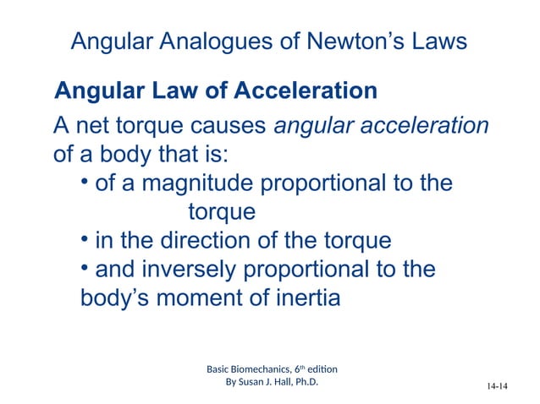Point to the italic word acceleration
coord(426,127)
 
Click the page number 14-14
coord(498,387)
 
